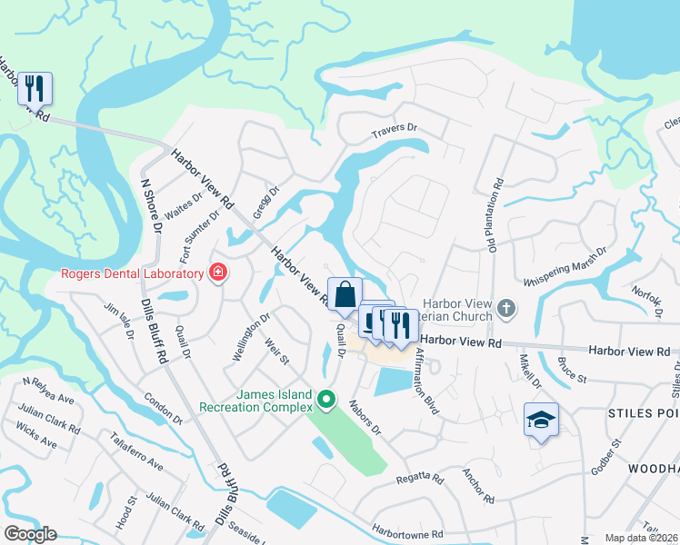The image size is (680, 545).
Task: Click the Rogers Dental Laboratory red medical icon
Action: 217,273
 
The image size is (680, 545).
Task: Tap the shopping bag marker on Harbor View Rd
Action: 345,294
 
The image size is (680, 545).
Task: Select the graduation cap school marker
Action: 541,420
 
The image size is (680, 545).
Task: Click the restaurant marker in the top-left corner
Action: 35,89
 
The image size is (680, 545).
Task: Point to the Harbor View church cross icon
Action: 507,310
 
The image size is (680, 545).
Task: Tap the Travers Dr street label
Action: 393,134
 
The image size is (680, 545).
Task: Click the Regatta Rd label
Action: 420,479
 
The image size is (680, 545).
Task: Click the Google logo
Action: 30,534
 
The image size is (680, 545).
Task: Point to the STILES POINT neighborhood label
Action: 642,413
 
